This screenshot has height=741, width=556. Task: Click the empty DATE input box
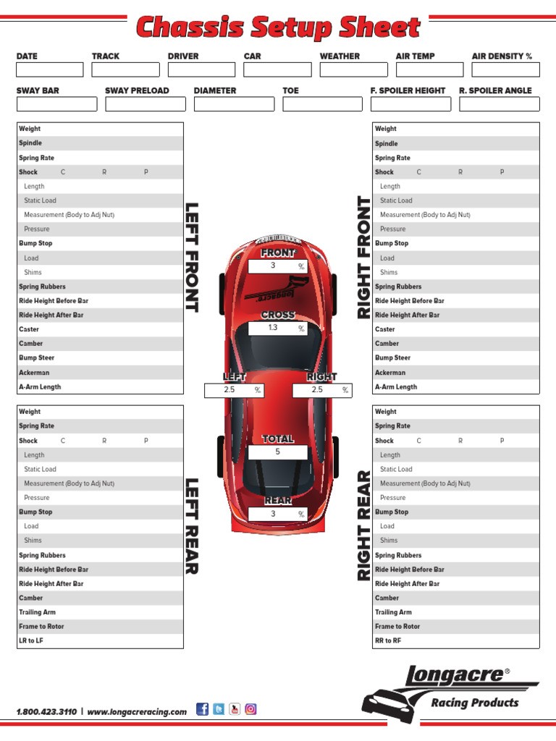[50, 70]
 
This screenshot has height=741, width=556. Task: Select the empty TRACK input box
[125, 70]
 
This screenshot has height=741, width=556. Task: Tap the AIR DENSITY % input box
[505, 70]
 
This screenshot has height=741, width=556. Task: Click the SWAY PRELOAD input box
[146, 104]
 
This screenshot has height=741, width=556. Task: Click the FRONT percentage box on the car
[278, 266]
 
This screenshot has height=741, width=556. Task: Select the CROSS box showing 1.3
[278, 328]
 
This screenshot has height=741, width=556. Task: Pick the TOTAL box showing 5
[278, 452]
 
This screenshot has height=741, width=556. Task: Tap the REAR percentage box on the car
[278, 514]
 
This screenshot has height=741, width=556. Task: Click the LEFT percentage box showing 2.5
[234, 390]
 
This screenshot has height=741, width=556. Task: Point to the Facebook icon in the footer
[203, 709]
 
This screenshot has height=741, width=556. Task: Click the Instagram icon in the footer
[250, 709]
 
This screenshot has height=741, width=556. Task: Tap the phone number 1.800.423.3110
[46, 712]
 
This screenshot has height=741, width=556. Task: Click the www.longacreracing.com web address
[137, 712]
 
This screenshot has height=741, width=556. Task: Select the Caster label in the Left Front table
[29, 329]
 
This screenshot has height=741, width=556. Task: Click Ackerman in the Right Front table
[390, 373]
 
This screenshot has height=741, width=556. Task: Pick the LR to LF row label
[31, 641]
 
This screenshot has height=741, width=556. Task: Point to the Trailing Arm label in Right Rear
[393, 612]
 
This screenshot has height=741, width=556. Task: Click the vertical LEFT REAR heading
[192, 526]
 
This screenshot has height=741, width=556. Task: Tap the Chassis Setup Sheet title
[278, 27]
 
